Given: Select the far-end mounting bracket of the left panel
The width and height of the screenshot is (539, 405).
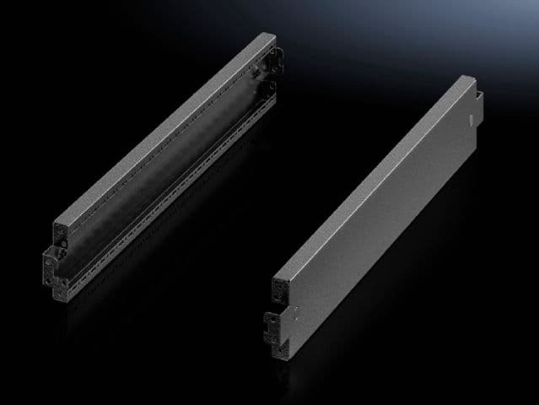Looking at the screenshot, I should pyautogui.click(x=272, y=63).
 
